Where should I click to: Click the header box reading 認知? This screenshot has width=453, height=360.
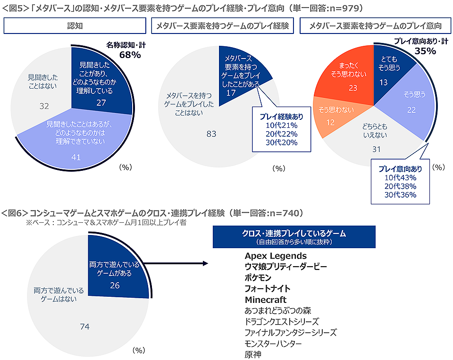[x=73, y=26]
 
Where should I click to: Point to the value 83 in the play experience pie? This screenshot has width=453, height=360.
[x=211, y=134]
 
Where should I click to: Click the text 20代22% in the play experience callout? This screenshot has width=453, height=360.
[x=281, y=134]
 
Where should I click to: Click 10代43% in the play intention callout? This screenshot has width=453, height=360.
[x=400, y=177]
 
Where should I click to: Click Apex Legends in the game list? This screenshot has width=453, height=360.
[x=276, y=256]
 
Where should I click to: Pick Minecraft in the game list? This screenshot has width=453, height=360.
[x=266, y=300]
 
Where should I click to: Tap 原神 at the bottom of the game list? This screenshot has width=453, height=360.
[x=253, y=354]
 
